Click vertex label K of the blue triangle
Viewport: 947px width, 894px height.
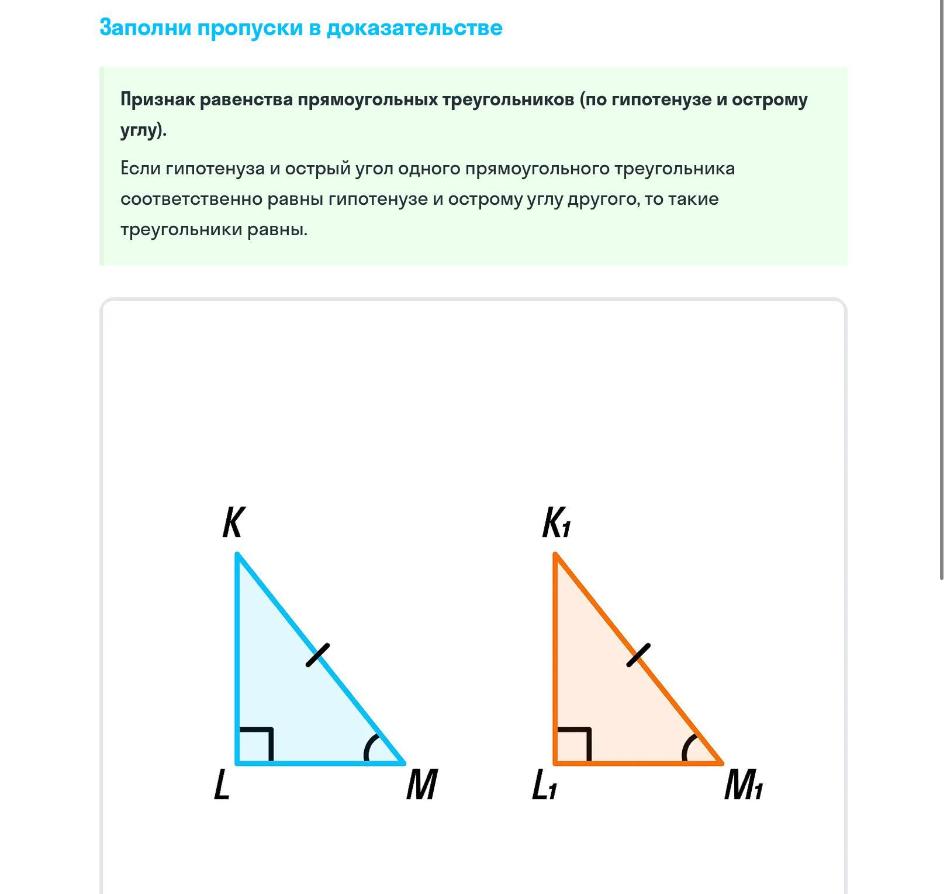[x=233, y=522]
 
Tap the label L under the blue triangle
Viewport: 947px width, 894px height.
[x=222, y=785]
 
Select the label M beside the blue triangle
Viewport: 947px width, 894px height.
[x=421, y=785]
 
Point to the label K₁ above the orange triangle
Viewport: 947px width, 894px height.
[x=556, y=522]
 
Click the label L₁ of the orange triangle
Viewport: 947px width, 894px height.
[x=544, y=785]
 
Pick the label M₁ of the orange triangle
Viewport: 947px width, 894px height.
[x=743, y=785]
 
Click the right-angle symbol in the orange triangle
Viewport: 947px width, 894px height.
[x=575, y=744]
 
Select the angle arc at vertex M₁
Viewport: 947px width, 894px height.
[x=688, y=748]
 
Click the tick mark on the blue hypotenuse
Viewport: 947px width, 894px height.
[x=318, y=655]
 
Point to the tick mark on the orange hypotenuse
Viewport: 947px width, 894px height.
[x=638, y=655]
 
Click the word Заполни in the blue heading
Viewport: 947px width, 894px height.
[x=145, y=27]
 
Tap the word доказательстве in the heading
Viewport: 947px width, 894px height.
[x=414, y=27]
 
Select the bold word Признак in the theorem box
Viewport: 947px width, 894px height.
[x=157, y=99]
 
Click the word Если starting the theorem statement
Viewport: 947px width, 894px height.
[x=140, y=169]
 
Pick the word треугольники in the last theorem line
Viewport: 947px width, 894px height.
[x=181, y=229]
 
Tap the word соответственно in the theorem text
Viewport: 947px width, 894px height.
[x=191, y=199]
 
